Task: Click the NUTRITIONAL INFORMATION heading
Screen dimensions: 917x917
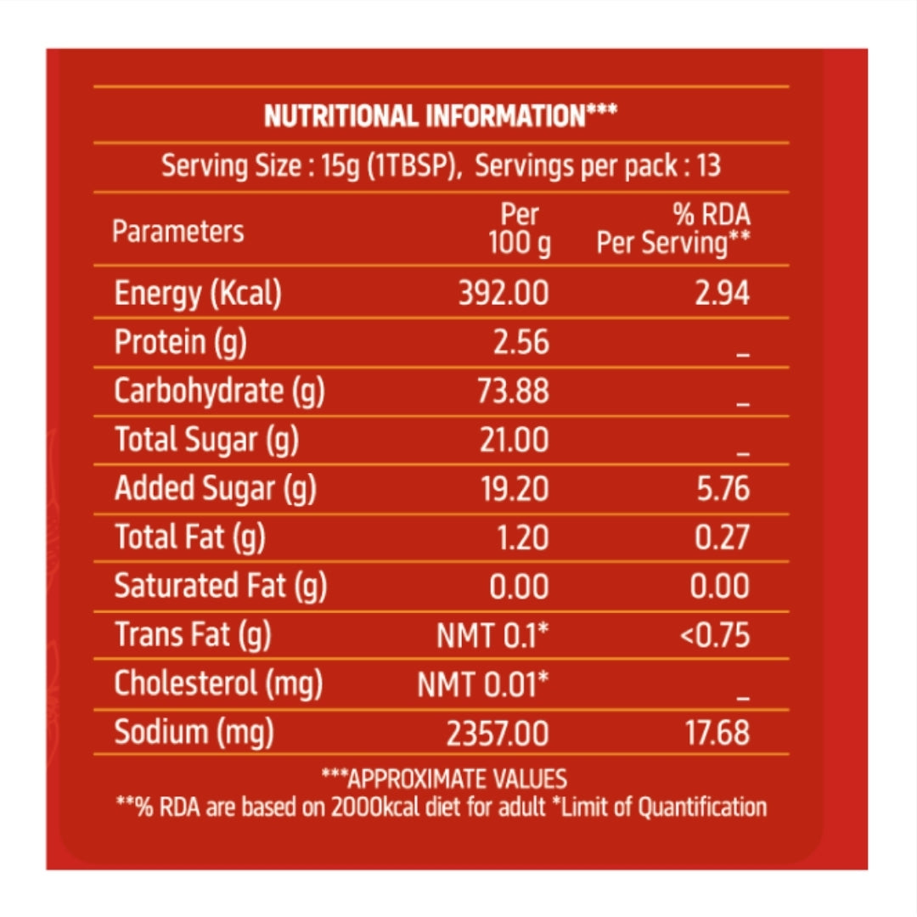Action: [x=440, y=116]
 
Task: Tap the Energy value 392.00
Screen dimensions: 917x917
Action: [x=504, y=294]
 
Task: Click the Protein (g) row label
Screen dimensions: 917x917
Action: [x=172, y=342]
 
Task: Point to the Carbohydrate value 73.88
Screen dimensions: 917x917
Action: [x=515, y=391]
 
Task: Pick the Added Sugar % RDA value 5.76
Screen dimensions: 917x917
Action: [x=722, y=489]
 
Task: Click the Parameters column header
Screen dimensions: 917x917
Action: [x=178, y=232]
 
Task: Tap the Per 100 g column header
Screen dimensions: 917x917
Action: [x=519, y=230]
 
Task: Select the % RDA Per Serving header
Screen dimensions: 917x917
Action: [x=673, y=230]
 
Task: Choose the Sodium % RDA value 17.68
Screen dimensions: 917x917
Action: [x=717, y=733]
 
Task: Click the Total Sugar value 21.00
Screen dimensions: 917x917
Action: [x=515, y=440]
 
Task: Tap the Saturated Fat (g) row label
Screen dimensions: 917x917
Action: [x=221, y=586]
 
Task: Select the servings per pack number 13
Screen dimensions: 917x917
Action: [x=707, y=166]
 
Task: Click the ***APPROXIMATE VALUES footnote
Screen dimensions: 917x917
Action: [x=443, y=779]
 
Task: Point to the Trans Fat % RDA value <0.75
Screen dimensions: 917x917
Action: [x=715, y=635]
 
